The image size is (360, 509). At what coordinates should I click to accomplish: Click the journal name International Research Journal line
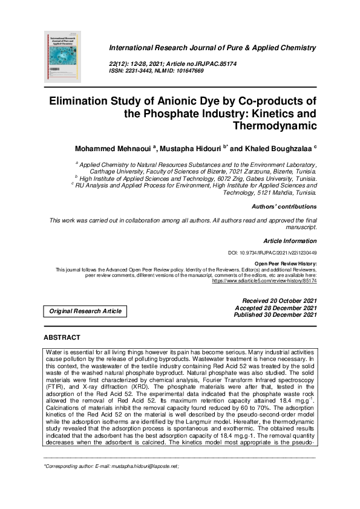[212, 47]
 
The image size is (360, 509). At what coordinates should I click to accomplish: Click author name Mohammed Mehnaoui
[113, 149]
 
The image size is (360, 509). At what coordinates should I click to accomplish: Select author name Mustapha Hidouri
[193, 149]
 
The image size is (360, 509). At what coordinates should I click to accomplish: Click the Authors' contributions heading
[284, 207]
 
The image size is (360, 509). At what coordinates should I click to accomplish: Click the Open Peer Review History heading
[286, 264]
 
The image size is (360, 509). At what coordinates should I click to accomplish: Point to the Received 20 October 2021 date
[279, 300]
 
